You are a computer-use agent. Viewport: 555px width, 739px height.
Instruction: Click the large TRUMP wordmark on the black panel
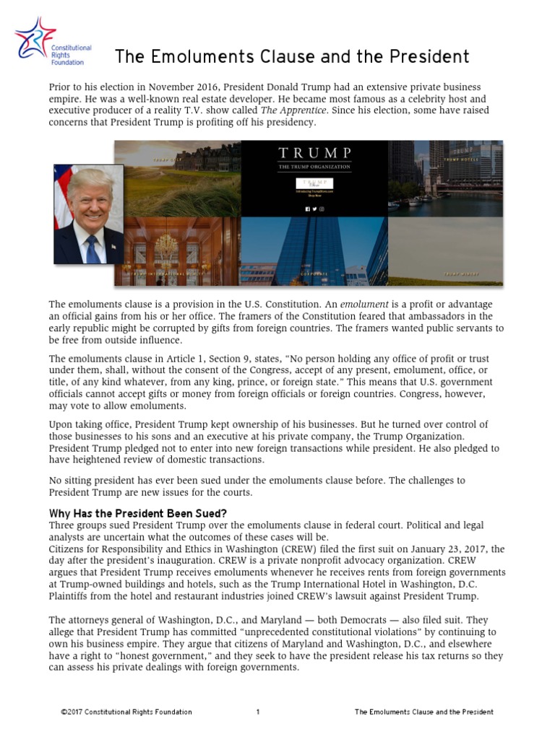tap(314, 154)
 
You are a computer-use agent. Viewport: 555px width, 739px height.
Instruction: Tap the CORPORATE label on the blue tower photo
tap(314, 274)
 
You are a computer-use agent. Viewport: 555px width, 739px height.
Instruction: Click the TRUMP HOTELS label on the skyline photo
tap(460, 159)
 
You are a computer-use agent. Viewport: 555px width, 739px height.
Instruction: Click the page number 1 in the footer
tap(258, 712)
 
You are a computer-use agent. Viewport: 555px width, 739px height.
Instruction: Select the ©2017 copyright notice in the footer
tap(126, 712)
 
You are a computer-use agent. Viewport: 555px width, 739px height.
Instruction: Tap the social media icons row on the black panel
tap(314, 209)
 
